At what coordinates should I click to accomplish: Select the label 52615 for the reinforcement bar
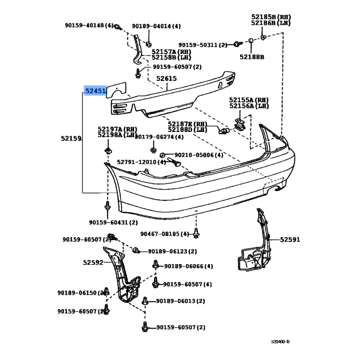coord(166,78)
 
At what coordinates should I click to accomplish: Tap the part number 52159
coord(71,139)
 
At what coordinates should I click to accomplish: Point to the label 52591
coord(290,240)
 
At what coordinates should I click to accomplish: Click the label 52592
coord(93,262)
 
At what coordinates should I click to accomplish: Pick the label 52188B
coord(252,57)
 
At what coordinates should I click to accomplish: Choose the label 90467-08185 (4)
coord(165,234)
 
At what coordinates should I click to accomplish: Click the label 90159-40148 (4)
coord(89,25)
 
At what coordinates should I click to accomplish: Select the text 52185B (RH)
coord(271,17)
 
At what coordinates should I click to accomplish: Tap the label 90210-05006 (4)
coord(199,155)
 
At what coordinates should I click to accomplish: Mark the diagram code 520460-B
coord(280,342)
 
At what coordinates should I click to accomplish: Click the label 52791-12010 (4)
coord(141,162)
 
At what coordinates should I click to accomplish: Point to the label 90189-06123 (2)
coord(172,252)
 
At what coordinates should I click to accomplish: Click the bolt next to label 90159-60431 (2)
coord(107,206)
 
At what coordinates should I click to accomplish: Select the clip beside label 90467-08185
coord(196,233)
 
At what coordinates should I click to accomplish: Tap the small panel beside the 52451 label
coord(117,90)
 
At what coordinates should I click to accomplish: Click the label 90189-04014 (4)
coord(156,26)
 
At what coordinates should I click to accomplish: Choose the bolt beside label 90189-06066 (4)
coord(156,265)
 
